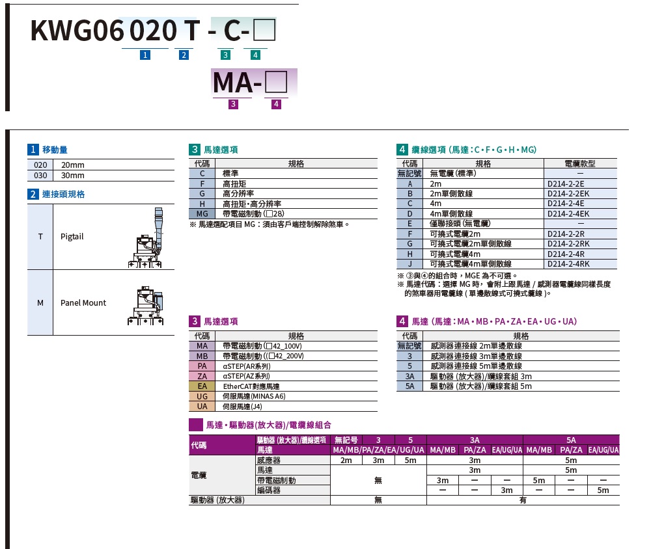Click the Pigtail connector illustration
point(146,238)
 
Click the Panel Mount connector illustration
point(146,305)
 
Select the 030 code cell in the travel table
point(40,176)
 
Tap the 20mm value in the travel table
point(73,165)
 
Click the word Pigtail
point(72,237)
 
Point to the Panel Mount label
point(83,303)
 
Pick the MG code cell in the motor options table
point(202,214)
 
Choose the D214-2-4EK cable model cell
point(568,214)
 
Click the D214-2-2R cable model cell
point(566,234)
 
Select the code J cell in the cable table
point(409,264)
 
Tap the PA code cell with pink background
point(202,366)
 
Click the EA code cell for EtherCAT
point(202,386)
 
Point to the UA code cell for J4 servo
point(202,407)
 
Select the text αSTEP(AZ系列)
point(246,377)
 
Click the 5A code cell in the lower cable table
point(409,386)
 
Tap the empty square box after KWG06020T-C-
point(264,29)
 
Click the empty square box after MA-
point(276,82)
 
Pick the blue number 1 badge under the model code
point(145,55)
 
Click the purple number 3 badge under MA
point(233,103)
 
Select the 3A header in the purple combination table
point(475,440)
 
